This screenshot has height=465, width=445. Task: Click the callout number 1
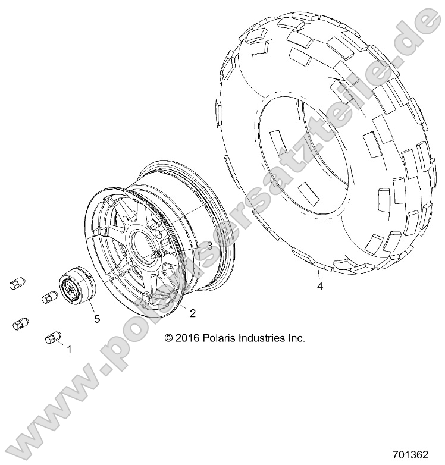pyautogui.click(x=69, y=350)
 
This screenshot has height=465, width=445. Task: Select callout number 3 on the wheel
pyautogui.click(x=193, y=245)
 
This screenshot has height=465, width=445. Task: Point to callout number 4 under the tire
pyautogui.click(x=319, y=287)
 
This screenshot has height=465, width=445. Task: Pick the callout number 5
pyautogui.click(x=96, y=319)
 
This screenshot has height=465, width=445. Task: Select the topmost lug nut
pyautogui.click(x=18, y=283)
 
